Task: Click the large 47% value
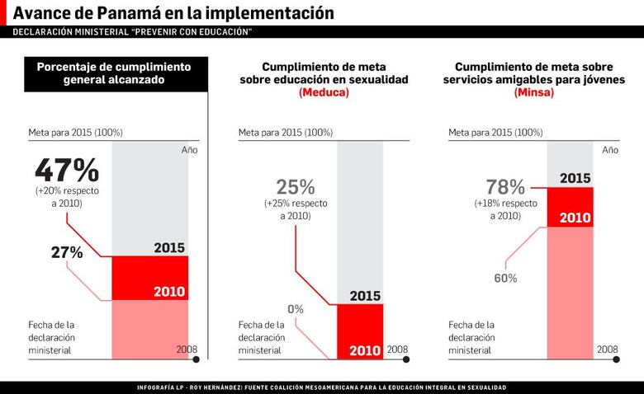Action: point(67,171)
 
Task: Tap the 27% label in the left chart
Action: point(67,253)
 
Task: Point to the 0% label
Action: point(296,309)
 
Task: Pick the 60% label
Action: point(505,279)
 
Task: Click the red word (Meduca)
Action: point(324,93)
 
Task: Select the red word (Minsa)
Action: point(533,93)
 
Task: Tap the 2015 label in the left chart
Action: point(169,248)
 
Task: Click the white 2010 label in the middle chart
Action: point(365,351)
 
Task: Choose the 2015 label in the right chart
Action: point(575,178)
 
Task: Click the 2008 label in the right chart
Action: point(607,349)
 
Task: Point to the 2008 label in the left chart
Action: point(187,349)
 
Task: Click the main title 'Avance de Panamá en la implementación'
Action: point(174,13)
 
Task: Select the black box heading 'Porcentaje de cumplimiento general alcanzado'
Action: point(114,73)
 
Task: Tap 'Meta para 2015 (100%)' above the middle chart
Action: point(286,132)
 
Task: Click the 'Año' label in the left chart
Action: point(189,150)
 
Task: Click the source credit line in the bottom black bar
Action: point(322,387)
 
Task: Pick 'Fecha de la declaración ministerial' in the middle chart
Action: point(262,338)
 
